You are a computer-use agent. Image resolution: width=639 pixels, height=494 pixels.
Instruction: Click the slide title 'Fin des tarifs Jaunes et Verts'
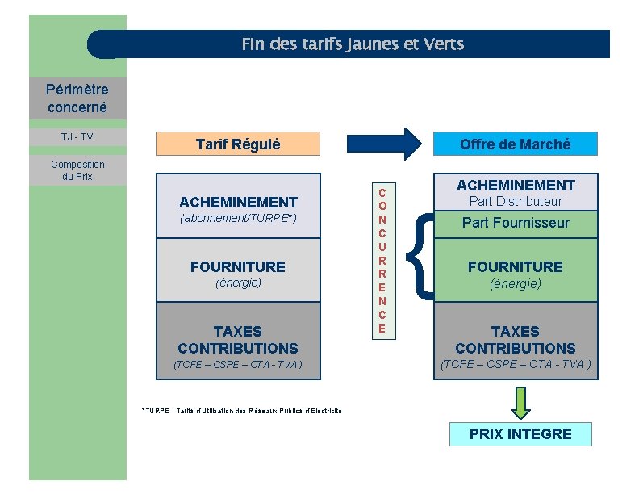pyautogui.click(x=353, y=44)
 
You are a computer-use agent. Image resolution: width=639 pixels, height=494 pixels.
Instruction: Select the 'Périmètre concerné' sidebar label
pyautogui.click(x=77, y=98)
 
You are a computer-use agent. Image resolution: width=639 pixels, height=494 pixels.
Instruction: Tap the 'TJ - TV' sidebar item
pyautogui.click(x=77, y=136)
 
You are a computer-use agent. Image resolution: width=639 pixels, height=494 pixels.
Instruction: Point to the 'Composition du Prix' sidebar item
pyautogui.click(x=77, y=170)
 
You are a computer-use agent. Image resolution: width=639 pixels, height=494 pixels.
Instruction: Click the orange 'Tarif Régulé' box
pyautogui.click(x=238, y=144)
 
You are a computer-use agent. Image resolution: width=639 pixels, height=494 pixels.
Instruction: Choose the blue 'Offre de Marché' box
pyautogui.click(x=515, y=144)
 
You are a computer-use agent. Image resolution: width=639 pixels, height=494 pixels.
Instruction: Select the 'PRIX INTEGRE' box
pyautogui.click(x=520, y=434)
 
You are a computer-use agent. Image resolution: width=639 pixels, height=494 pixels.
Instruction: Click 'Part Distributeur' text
pyautogui.click(x=516, y=202)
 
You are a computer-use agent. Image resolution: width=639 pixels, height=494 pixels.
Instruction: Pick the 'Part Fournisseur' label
pyautogui.click(x=516, y=223)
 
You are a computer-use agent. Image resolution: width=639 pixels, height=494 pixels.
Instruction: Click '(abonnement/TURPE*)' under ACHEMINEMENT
pyautogui.click(x=238, y=219)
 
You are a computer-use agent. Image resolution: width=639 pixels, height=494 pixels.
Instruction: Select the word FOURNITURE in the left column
pyautogui.click(x=238, y=266)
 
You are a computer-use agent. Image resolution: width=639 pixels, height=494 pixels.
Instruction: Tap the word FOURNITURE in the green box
pyautogui.click(x=516, y=266)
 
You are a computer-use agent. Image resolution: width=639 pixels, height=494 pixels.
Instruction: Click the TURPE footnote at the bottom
pyautogui.click(x=241, y=411)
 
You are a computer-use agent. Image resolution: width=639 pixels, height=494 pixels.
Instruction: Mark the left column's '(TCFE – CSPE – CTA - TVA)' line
pyautogui.click(x=238, y=365)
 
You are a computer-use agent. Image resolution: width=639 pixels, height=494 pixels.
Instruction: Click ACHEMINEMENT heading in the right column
pyautogui.click(x=516, y=186)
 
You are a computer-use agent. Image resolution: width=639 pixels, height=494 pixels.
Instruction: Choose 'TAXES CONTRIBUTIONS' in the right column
pyautogui.click(x=516, y=340)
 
